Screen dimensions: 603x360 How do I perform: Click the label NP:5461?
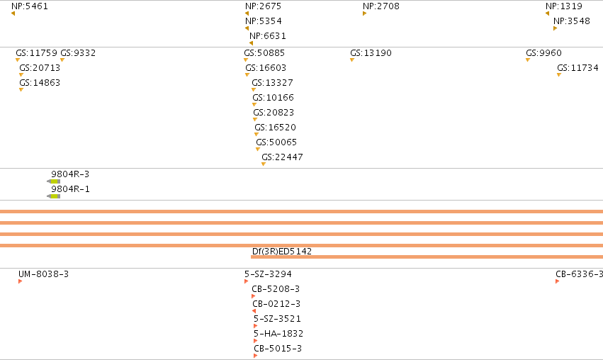pyautogui.click(x=30, y=6)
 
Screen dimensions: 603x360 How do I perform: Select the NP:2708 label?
pyautogui.click(x=381, y=6)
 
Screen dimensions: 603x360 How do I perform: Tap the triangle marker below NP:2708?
pyautogui.click(x=365, y=13)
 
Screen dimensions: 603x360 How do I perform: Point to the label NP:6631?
pyautogui.click(x=268, y=35)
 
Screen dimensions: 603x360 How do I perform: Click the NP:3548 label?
pyautogui.click(x=571, y=21)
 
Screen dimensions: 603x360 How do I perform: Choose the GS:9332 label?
pyautogui.click(x=78, y=52)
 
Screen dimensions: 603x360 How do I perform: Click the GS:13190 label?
pyautogui.click(x=371, y=52)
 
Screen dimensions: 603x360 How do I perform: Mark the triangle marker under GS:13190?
pyautogui.click(x=352, y=60)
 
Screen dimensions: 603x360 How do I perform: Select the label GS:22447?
pyautogui.click(x=282, y=157)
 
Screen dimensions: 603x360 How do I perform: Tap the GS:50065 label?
pyautogui.click(x=276, y=142)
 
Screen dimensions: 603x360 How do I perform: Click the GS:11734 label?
pyautogui.click(x=577, y=68)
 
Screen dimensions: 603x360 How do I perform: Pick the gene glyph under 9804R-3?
pyautogui.click(x=53, y=181)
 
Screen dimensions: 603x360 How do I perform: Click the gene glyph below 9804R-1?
pyautogui.click(x=53, y=196)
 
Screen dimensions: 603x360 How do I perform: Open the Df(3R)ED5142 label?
pyautogui.click(x=282, y=251)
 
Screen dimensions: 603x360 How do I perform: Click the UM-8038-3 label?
pyautogui.click(x=43, y=274)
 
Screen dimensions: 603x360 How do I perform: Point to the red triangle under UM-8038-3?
pyautogui.click(x=20, y=281)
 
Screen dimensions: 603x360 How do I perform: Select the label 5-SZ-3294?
pyautogui.click(x=268, y=274)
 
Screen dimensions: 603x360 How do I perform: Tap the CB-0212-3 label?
pyautogui.click(x=276, y=303)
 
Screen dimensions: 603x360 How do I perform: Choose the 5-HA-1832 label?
pyautogui.click(x=278, y=334)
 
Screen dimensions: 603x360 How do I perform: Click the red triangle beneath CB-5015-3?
pyautogui.click(x=255, y=356)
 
